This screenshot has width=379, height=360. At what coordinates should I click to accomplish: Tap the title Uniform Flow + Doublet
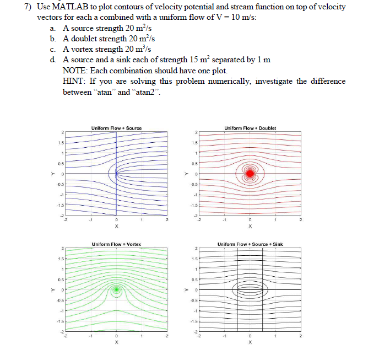click(250, 128)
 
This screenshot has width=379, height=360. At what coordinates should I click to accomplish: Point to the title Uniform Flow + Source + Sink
click(250, 244)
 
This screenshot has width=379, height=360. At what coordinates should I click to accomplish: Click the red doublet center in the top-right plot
click(250, 173)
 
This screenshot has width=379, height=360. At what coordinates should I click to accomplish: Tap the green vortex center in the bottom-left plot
click(116, 289)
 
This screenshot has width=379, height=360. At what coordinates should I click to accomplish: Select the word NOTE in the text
click(75, 71)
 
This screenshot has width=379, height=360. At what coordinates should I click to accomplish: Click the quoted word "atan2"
click(147, 92)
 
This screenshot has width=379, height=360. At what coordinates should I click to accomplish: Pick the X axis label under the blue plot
click(116, 226)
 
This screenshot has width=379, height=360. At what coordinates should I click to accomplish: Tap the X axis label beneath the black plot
click(250, 342)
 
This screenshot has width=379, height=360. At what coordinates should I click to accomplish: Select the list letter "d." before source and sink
click(53, 60)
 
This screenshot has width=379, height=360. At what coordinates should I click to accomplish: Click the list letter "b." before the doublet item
click(53, 39)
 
